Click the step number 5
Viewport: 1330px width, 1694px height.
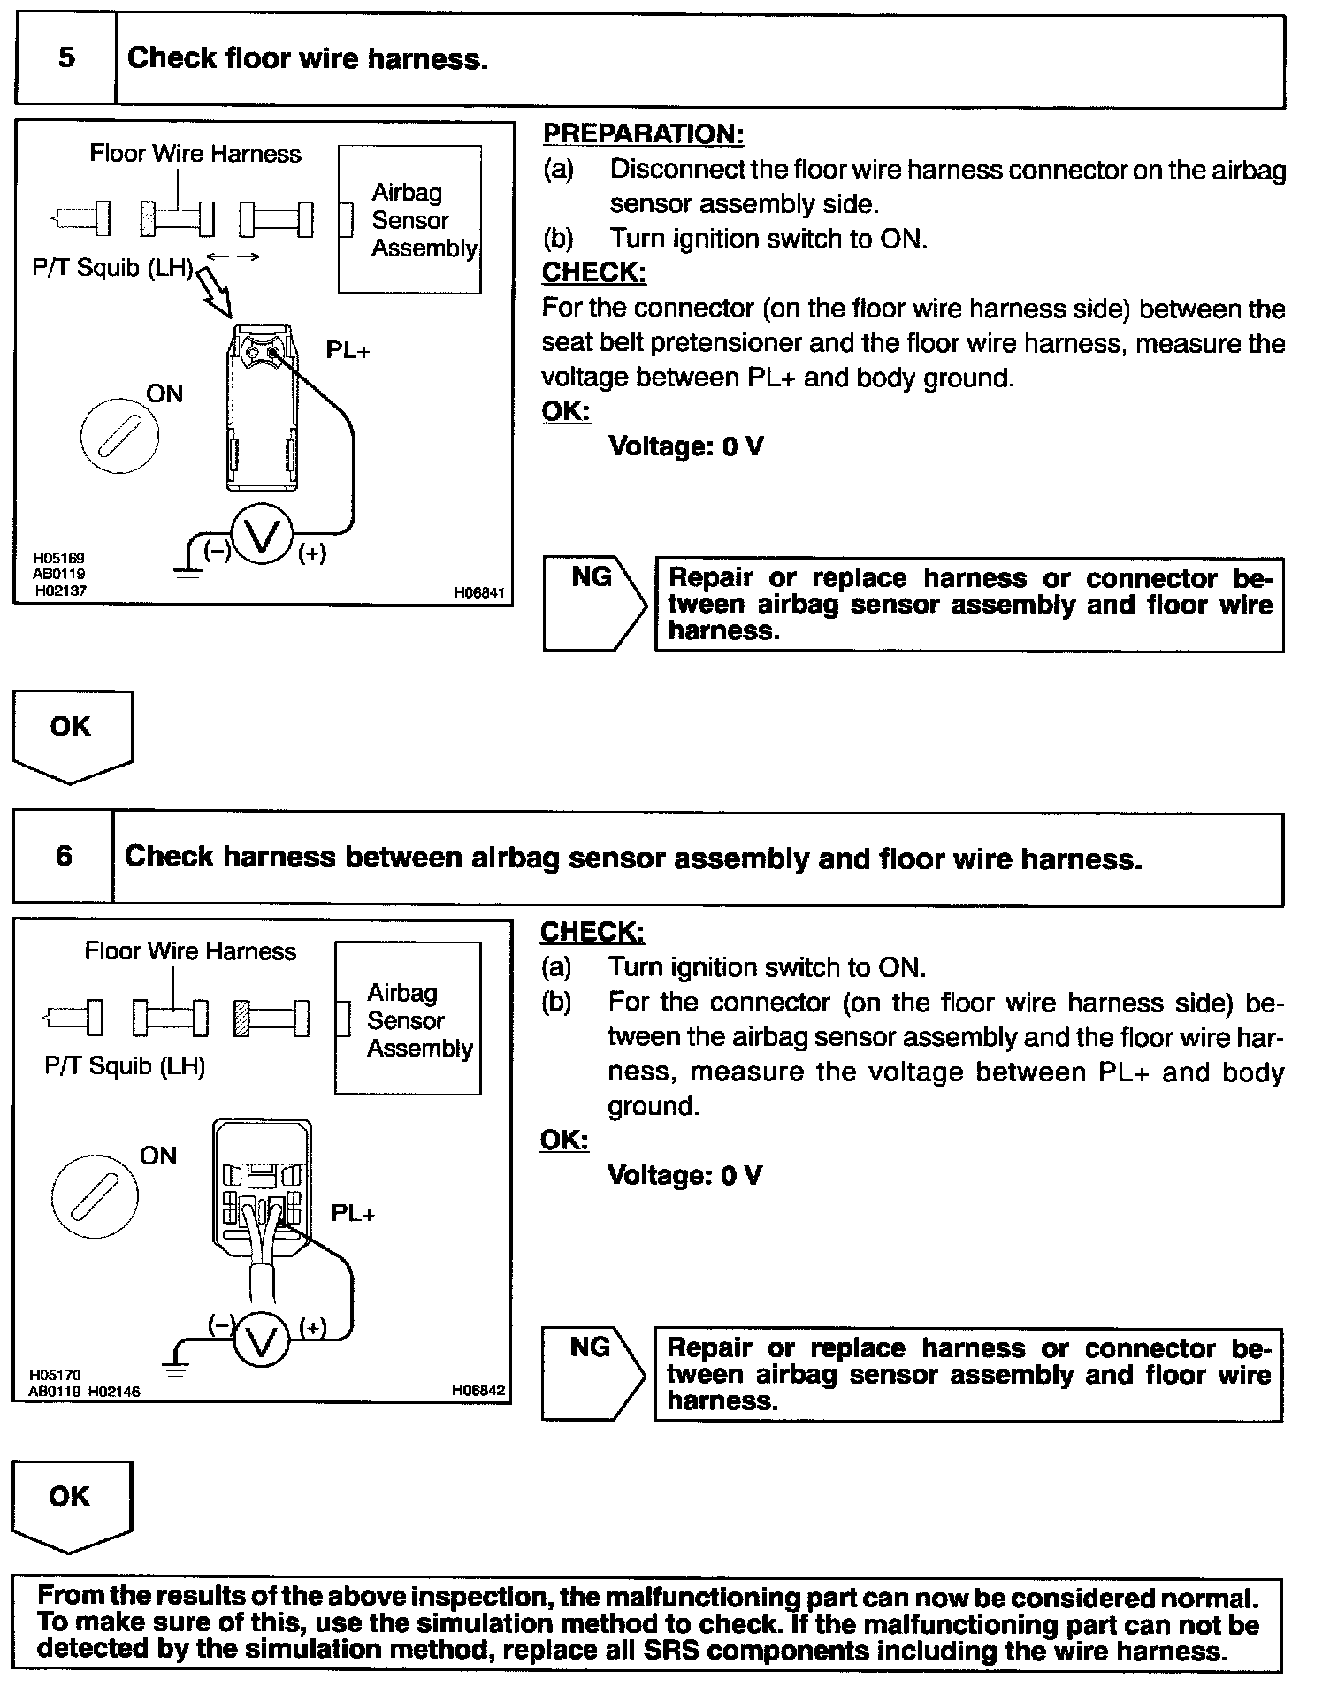[x=66, y=58]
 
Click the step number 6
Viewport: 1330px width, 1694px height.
[x=64, y=856]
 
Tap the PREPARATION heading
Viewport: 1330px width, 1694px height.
[x=643, y=134]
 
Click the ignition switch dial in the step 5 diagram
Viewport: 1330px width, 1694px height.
[x=119, y=435]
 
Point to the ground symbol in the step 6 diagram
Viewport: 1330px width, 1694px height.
[x=176, y=1371]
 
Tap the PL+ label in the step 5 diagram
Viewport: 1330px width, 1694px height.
[x=348, y=350]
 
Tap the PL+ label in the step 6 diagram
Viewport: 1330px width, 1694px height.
[x=353, y=1213]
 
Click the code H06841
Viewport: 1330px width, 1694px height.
[x=478, y=592]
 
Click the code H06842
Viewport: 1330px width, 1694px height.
[x=478, y=1390]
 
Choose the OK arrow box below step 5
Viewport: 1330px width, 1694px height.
[x=72, y=734]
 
